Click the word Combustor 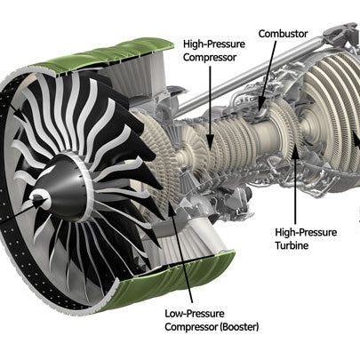[x=283, y=34]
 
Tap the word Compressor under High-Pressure [x=210, y=57]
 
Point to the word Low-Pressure [x=195, y=314]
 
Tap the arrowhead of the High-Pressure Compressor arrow [x=210, y=142]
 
